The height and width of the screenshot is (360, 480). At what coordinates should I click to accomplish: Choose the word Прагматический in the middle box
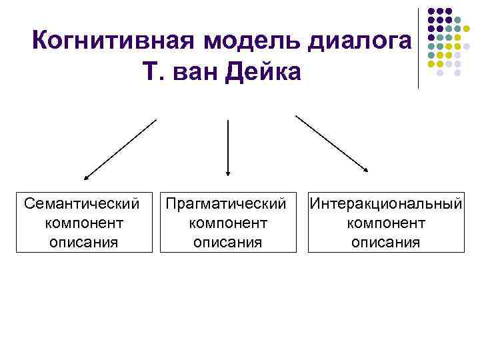point(228,201)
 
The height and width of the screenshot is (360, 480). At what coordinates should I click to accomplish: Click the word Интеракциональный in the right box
point(386,201)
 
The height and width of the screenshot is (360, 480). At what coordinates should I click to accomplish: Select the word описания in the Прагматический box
point(228,241)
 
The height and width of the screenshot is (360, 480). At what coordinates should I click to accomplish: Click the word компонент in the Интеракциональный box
point(386,221)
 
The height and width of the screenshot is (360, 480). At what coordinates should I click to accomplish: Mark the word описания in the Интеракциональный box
point(386,241)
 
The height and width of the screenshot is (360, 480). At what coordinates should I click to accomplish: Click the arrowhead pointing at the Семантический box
point(86,178)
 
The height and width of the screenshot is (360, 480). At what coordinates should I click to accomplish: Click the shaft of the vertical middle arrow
point(228,143)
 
